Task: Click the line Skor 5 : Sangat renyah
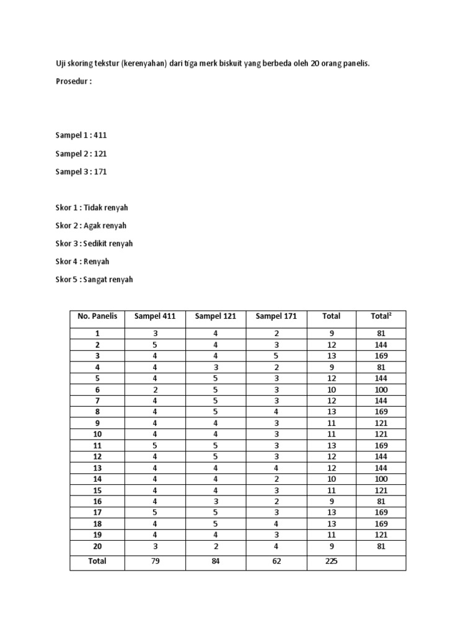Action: tap(94, 280)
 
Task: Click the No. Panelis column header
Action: tap(97, 316)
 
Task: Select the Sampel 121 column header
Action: tap(216, 316)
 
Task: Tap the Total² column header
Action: tap(381, 316)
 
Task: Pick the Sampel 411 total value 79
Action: tap(155, 561)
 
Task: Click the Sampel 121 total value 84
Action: tap(216, 561)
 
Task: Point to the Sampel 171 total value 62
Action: tap(276, 561)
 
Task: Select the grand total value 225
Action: tap(331, 561)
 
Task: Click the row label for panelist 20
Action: tap(97, 546)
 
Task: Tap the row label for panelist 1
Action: tap(97, 334)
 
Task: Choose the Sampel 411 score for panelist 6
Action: tap(155, 389)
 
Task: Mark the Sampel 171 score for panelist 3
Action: tap(276, 356)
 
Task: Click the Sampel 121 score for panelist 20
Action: tap(216, 546)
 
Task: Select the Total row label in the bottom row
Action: tap(97, 561)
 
